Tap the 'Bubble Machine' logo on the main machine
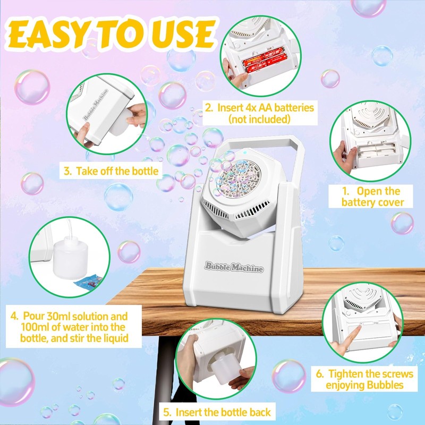234,268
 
